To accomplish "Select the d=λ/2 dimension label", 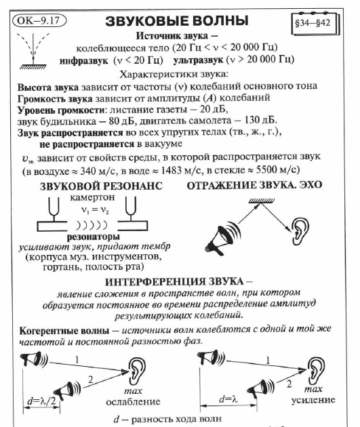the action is coord(38,400).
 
